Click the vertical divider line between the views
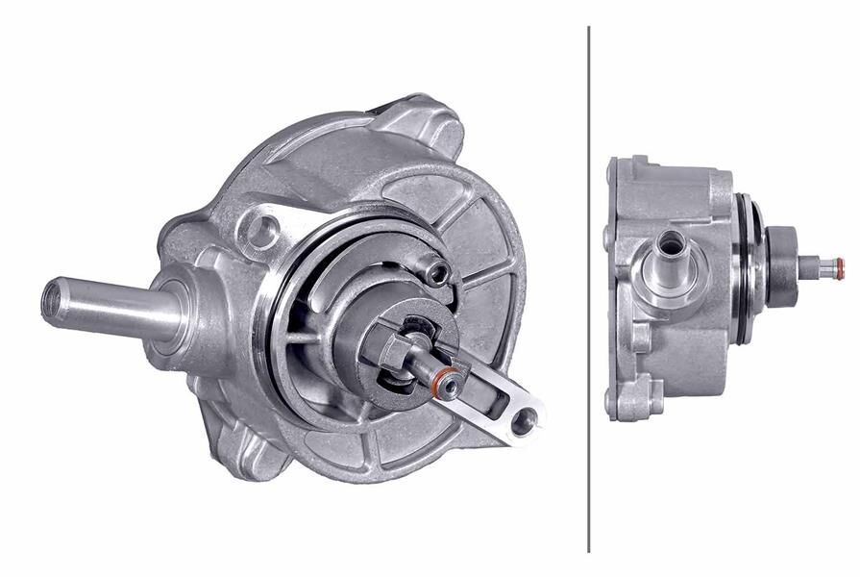pyautogui.click(x=588, y=288)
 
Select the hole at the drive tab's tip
pyautogui.click(x=523, y=419)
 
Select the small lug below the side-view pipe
pyautogui.click(x=641, y=337)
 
